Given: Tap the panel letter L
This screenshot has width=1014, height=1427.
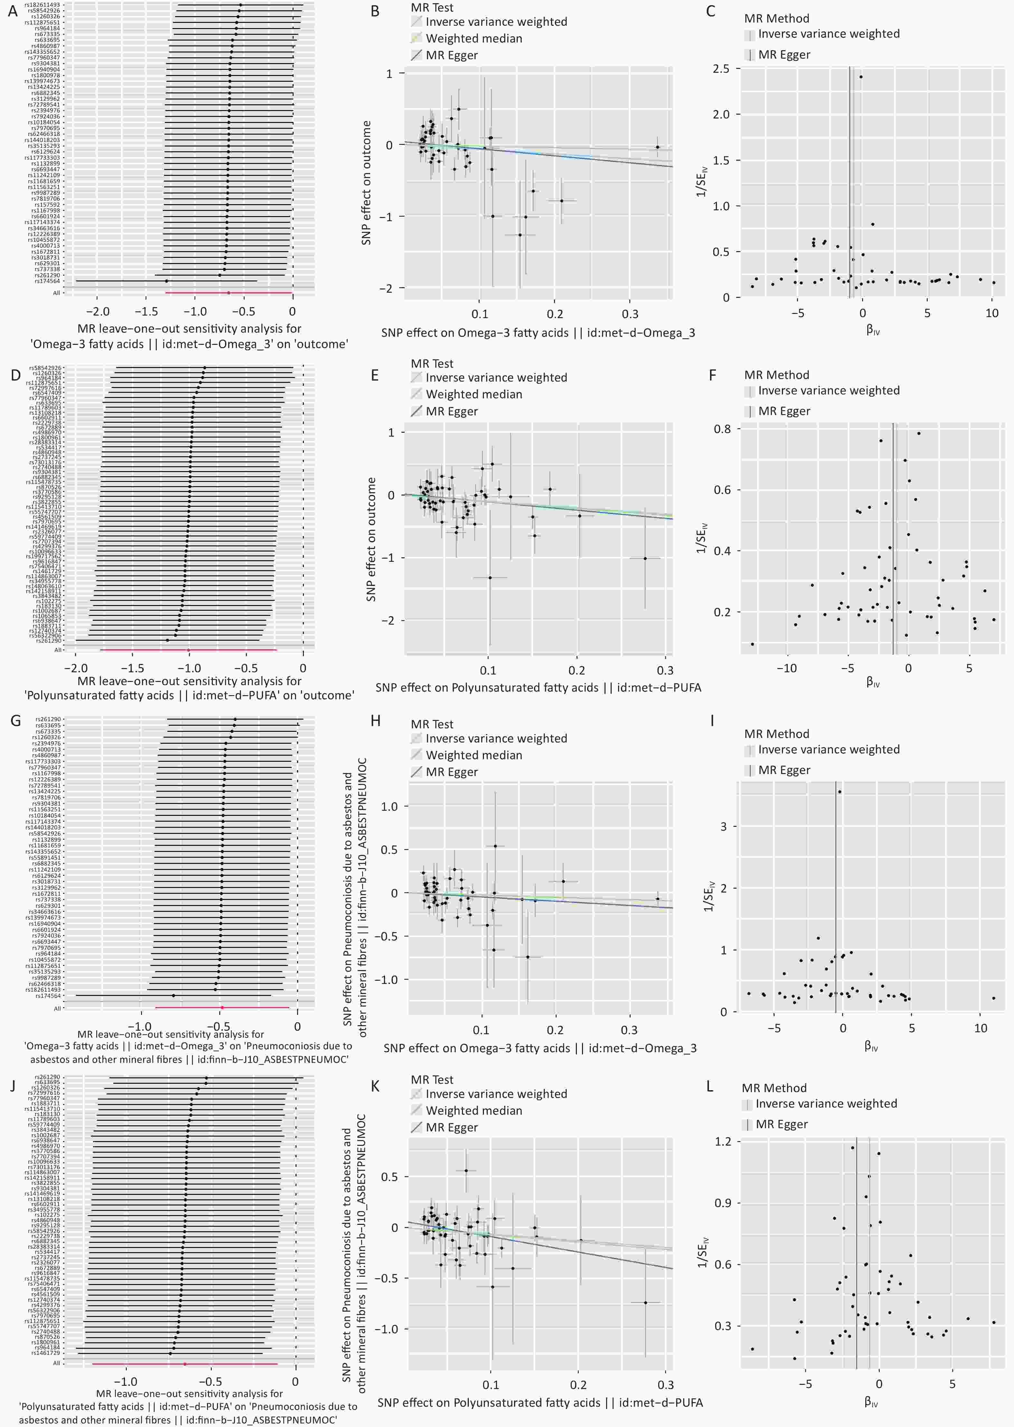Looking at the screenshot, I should coord(710,1087).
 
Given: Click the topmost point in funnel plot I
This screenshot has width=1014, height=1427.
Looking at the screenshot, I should coord(840,792).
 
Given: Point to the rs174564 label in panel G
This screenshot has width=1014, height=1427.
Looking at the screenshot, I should coord(48,996).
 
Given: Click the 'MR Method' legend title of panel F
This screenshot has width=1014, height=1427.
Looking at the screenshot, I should coord(776,375).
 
